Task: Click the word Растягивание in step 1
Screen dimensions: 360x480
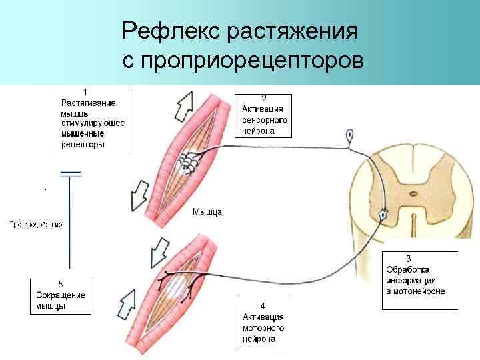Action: click(88, 103)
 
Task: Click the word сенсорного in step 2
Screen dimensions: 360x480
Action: click(265, 121)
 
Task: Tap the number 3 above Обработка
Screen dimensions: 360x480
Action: click(408, 258)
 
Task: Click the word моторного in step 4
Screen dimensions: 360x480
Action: click(264, 328)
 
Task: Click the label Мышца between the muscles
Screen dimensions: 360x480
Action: click(207, 212)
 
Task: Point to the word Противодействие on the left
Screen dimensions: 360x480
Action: click(36, 225)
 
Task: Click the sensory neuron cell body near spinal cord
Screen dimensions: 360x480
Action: click(349, 137)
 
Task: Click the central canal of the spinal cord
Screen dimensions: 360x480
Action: click(413, 195)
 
